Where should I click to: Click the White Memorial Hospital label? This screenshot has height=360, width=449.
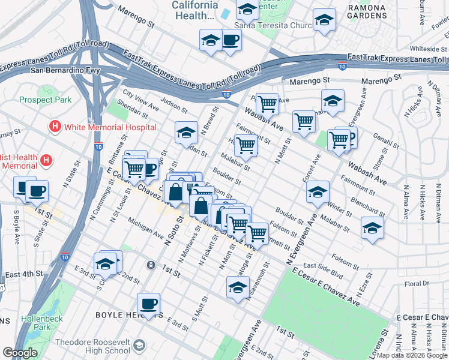[110, 127]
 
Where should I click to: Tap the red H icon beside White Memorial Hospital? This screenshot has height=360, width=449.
[55, 127]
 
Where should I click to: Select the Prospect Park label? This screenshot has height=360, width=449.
[45, 100]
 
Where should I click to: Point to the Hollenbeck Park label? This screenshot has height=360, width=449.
[42, 323]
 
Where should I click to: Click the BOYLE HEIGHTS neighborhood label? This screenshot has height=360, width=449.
[121, 314]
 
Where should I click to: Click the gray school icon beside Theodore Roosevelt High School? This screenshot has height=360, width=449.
[139, 346]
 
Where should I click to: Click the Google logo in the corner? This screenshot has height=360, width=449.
[20, 353]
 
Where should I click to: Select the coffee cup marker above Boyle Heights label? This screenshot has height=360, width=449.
[148, 303]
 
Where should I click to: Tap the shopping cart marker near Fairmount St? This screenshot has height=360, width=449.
[246, 145]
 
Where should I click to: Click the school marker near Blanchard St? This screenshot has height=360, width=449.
[372, 228]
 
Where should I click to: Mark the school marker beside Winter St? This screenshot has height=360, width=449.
[318, 192]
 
